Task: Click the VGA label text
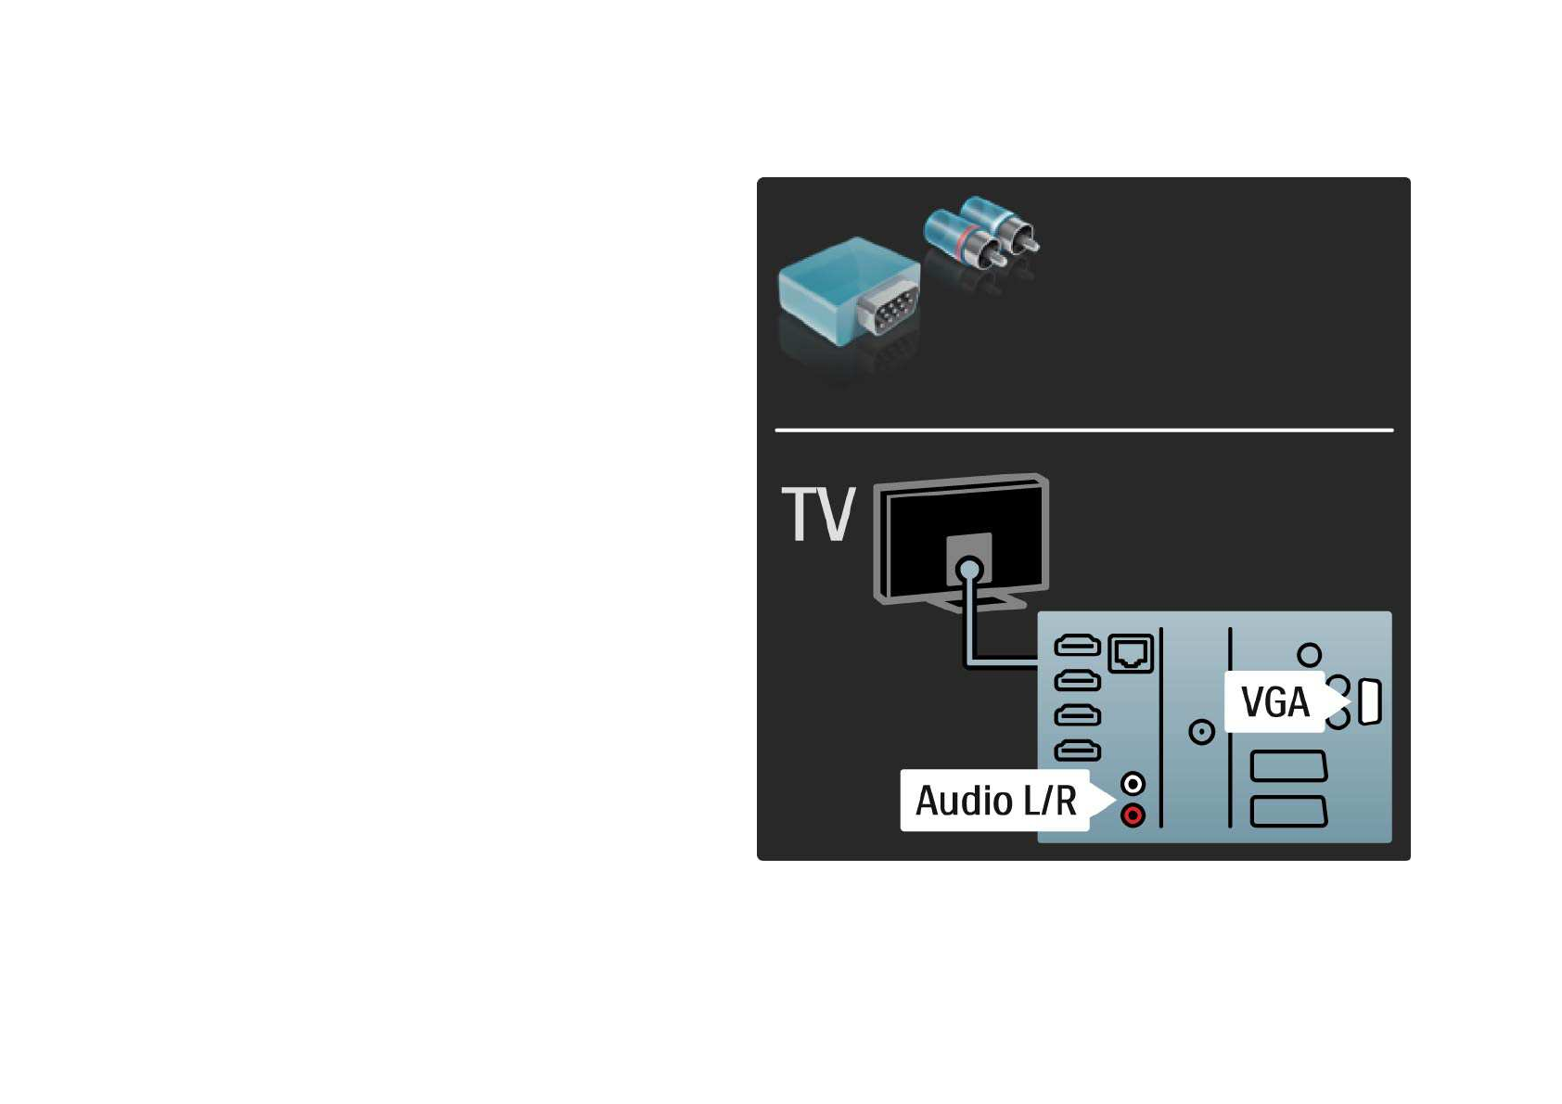click(x=1275, y=702)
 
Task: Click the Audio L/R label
click(x=995, y=801)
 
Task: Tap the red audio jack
click(x=1133, y=815)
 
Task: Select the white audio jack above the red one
click(x=1133, y=784)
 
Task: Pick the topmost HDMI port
click(x=1078, y=645)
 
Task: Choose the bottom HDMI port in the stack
click(x=1078, y=750)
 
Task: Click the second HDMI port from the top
click(x=1078, y=680)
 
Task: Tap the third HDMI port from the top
click(x=1078, y=715)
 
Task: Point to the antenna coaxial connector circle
click(x=1201, y=732)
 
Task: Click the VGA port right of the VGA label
click(x=1369, y=701)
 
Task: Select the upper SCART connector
click(x=1288, y=766)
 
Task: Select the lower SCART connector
click(x=1288, y=811)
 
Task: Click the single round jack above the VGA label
click(x=1309, y=655)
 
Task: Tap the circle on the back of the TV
click(x=968, y=569)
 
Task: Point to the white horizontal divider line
click(x=1083, y=430)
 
